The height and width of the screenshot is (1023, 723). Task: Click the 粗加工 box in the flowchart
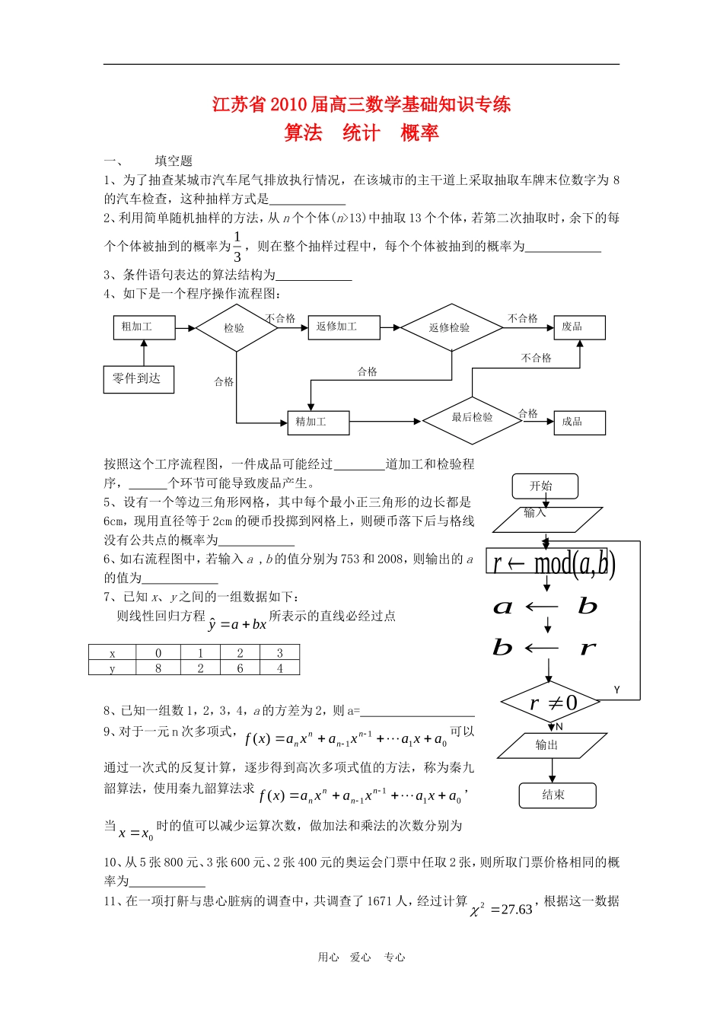tap(144, 327)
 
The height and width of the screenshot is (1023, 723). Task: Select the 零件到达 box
tap(139, 379)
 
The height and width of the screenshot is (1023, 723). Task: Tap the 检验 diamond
tap(236, 328)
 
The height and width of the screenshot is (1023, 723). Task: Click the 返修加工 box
tap(342, 327)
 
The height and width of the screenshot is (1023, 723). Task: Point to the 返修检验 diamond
tap(451, 328)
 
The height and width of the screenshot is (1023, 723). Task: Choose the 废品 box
tap(579, 327)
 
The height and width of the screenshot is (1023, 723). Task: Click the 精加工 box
tap(318, 422)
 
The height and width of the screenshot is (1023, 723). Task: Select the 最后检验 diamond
tap(473, 419)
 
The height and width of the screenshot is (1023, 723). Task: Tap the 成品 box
tap(579, 422)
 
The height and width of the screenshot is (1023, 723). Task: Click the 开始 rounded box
tap(543, 486)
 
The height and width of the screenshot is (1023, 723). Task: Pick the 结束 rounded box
tap(557, 795)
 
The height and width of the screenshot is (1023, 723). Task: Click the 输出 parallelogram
tap(547, 745)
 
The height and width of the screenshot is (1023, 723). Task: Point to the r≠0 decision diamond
tap(549, 703)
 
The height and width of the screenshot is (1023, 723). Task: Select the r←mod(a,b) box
tap(551, 564)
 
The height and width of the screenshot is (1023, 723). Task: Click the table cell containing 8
tap(158, 668)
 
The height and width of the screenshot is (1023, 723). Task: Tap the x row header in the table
tap(113, 653)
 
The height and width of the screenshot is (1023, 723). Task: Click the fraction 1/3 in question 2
tap(237, 247)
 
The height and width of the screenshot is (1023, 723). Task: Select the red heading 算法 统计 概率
tap(361, 133)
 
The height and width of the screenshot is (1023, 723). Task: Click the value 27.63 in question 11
tap(517, 910)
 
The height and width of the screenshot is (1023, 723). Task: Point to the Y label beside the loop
tap(617, 690)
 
